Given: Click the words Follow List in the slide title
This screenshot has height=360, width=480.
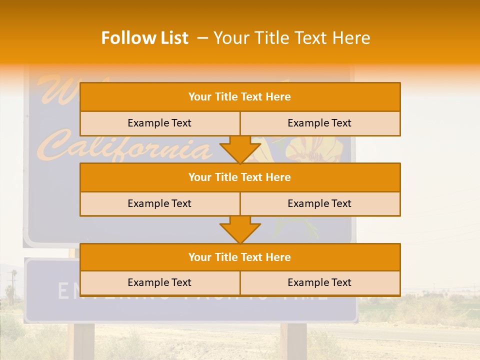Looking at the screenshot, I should (145, 38).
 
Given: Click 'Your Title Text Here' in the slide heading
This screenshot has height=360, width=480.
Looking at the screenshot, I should (291, 38).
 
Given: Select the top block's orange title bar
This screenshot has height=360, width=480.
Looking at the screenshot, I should (240, 97).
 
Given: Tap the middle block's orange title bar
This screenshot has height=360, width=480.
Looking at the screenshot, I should (240, 177).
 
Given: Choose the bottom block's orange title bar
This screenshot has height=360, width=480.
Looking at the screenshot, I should (240, 257).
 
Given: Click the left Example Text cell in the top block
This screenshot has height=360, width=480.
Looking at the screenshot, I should (159, 123).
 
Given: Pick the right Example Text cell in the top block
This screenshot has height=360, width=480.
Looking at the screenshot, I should (320, 123).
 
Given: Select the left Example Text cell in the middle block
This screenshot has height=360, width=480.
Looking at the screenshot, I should (159, 203).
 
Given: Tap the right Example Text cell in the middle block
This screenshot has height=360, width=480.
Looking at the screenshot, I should (320, 203).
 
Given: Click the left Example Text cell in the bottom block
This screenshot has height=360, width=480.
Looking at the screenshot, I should (159, 282).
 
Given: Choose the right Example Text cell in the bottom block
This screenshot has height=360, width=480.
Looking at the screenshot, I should (320, 282).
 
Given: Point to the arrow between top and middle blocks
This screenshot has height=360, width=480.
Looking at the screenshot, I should (240, 150).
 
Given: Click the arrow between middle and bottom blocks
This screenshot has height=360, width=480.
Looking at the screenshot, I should (240, 230).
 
